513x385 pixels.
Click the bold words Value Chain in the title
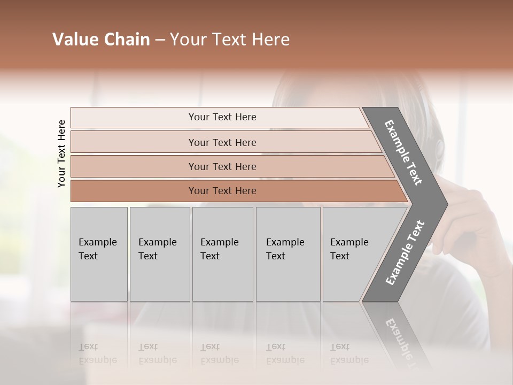101,40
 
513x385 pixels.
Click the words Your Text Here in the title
230,40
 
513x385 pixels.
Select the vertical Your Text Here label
61,153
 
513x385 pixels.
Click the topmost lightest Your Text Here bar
222,117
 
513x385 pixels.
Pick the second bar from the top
222,142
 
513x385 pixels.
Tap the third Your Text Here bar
222,166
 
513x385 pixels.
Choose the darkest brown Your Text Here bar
222,191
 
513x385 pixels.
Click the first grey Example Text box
99,254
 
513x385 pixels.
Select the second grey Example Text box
159,254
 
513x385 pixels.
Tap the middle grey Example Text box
222,254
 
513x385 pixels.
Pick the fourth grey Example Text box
288,254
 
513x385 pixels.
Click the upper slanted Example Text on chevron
403,152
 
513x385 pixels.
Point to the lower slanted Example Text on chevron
405,252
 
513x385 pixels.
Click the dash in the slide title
160,40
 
